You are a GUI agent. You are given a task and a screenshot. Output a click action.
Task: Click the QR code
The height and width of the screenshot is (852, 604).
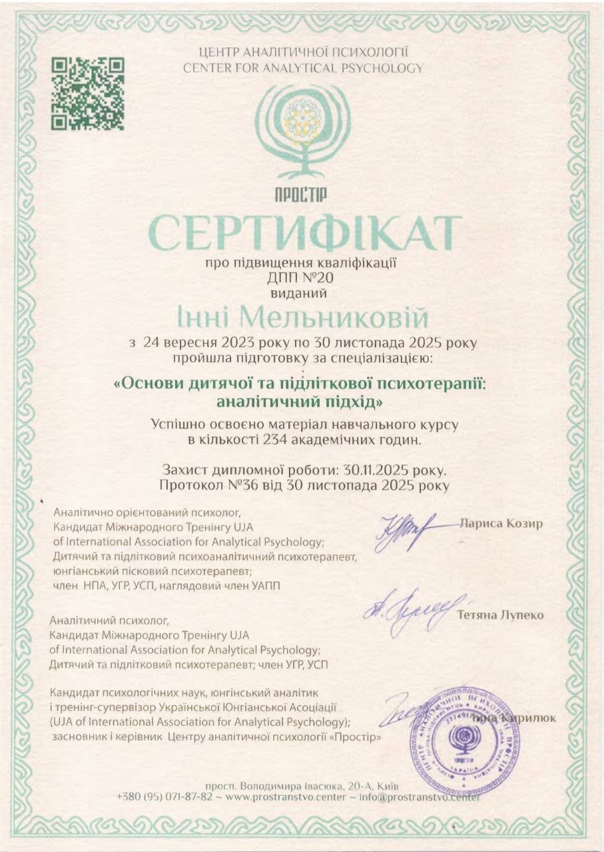[89, 93]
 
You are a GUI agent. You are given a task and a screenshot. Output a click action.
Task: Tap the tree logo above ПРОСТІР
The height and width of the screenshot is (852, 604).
[302, 133]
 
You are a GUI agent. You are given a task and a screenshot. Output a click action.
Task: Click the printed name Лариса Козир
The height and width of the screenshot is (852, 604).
[501, 523]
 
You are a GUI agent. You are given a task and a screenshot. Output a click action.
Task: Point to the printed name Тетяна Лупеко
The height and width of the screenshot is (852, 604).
[500, 615]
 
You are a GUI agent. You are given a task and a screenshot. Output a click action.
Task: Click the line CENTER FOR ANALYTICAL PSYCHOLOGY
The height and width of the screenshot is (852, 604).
[302, 67]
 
